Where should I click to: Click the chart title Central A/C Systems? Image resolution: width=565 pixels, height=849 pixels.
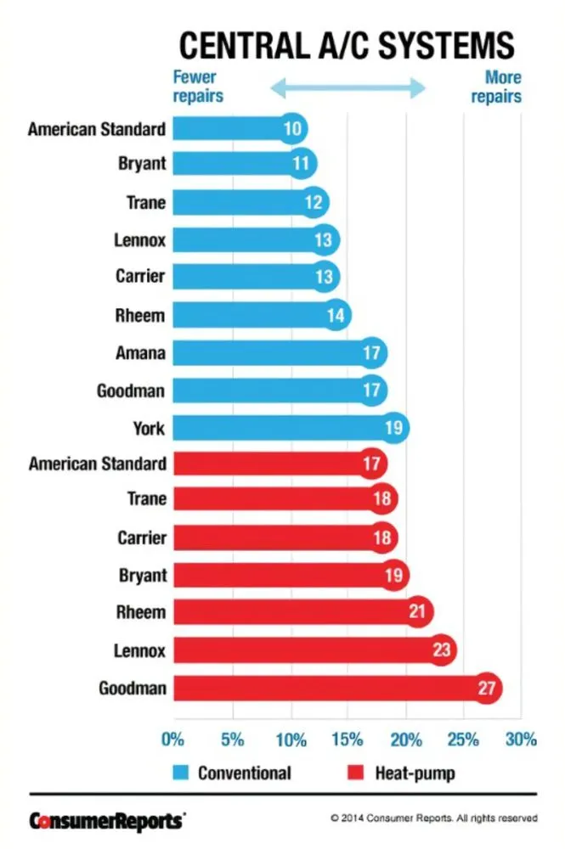pyautogui.click(x=345, y=43)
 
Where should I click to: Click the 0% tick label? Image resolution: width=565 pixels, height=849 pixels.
pyautogui.click(x=173, y=739)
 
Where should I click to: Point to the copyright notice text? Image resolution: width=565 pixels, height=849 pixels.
pyautogui.click(x=433, y=819)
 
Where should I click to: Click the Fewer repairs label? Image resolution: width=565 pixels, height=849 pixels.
pyautogui.click(x=198, y=87)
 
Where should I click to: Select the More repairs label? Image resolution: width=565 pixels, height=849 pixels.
pyautogui.click(x=496, y=87)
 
